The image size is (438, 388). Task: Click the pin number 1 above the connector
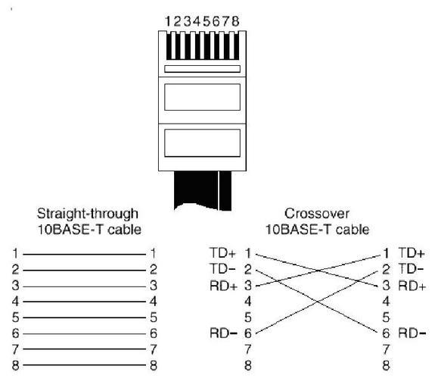(168, 21)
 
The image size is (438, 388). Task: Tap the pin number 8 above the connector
(235, 21)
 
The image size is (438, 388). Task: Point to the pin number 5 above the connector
(207, 21)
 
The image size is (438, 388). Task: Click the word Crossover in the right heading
(317, 214)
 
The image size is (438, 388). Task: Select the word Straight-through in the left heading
(88, 214)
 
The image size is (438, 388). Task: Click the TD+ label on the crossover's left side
(223, 253)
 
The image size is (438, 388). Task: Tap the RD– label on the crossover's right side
(412, 333)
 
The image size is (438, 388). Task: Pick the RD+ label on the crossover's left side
(223, 286)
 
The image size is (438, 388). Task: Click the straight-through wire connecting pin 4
(85, 302)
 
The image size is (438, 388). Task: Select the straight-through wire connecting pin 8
(85, 365)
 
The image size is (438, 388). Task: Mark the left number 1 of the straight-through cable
(15, 253)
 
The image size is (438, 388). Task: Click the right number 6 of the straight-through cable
(154, 333)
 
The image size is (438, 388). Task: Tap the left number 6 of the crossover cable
(248, 333)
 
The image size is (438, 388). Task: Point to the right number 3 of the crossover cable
(386, 286)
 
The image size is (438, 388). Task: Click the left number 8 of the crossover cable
(248, 365)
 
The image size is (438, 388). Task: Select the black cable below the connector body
(203, 190)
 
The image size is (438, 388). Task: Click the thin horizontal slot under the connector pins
(202, 69)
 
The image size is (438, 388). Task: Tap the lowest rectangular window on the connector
(202, 142)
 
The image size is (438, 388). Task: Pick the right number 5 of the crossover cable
(386, 318)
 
